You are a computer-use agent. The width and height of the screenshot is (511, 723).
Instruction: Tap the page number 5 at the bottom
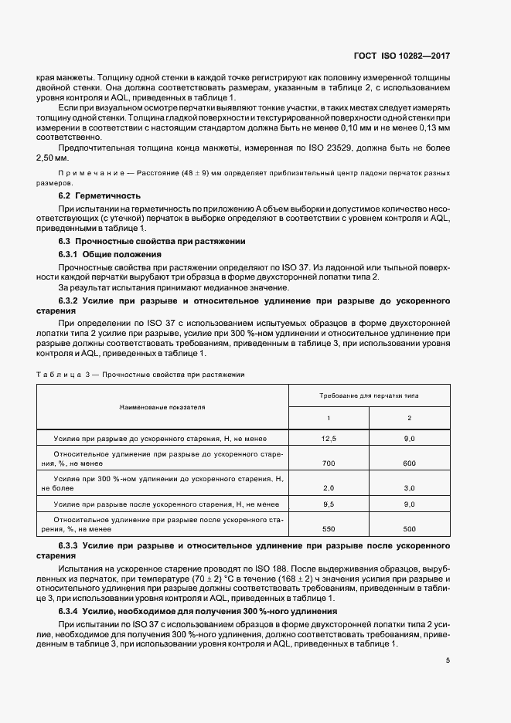click(448, 660)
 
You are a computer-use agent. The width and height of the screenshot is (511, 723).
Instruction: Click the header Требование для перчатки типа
click(369, 395)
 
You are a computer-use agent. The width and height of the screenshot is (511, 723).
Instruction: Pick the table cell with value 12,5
click(329, 438)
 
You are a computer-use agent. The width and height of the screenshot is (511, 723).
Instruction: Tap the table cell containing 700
click(329, 463)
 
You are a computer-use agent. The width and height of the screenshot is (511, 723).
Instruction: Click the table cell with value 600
click(409, 463)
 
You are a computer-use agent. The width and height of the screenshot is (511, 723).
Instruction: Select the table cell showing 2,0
click(329, 488)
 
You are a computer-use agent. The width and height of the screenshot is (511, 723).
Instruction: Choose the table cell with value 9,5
click(329, 504)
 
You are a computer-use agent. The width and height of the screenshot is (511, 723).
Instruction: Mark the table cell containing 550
click(329, 529)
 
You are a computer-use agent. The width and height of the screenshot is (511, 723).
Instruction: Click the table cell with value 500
click(409, 529)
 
